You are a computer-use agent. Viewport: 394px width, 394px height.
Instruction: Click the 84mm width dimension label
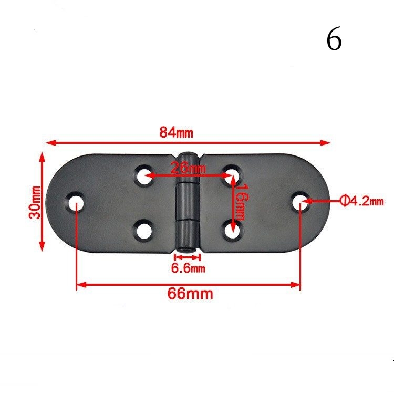click(x=177, y=133)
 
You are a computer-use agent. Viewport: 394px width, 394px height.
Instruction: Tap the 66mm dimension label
click(x=190, y=294)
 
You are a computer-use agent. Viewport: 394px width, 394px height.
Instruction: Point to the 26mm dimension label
click(x=188, y=169)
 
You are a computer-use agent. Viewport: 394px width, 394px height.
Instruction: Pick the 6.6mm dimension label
click(x=188, y=269)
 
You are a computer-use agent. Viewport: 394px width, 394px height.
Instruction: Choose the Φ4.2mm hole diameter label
click(x=362, y=200)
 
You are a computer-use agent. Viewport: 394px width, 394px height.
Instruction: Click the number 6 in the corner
click(x=334, y=40)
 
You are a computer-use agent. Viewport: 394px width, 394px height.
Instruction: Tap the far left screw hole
click(x=77, y=201)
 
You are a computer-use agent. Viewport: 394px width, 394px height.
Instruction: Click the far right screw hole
click(x=300, y=201)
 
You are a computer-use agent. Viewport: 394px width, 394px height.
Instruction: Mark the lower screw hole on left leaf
click(x=143, y=230)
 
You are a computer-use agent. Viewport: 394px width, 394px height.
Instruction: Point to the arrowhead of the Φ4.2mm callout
click(x=307, y=200)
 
